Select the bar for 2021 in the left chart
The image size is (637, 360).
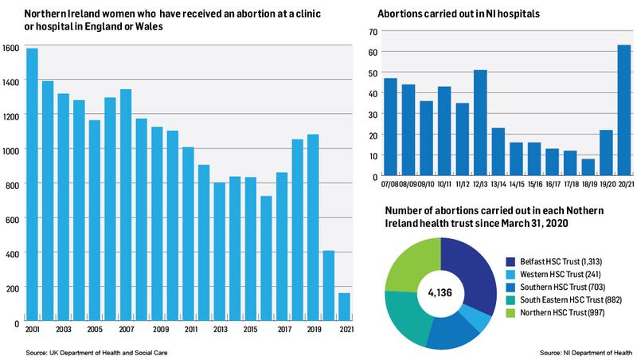coord(345,307)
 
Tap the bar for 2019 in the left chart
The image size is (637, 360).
coord(313,227)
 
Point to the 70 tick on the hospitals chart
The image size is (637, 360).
coord(369,32)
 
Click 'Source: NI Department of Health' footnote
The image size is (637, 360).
coord(585,351)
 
